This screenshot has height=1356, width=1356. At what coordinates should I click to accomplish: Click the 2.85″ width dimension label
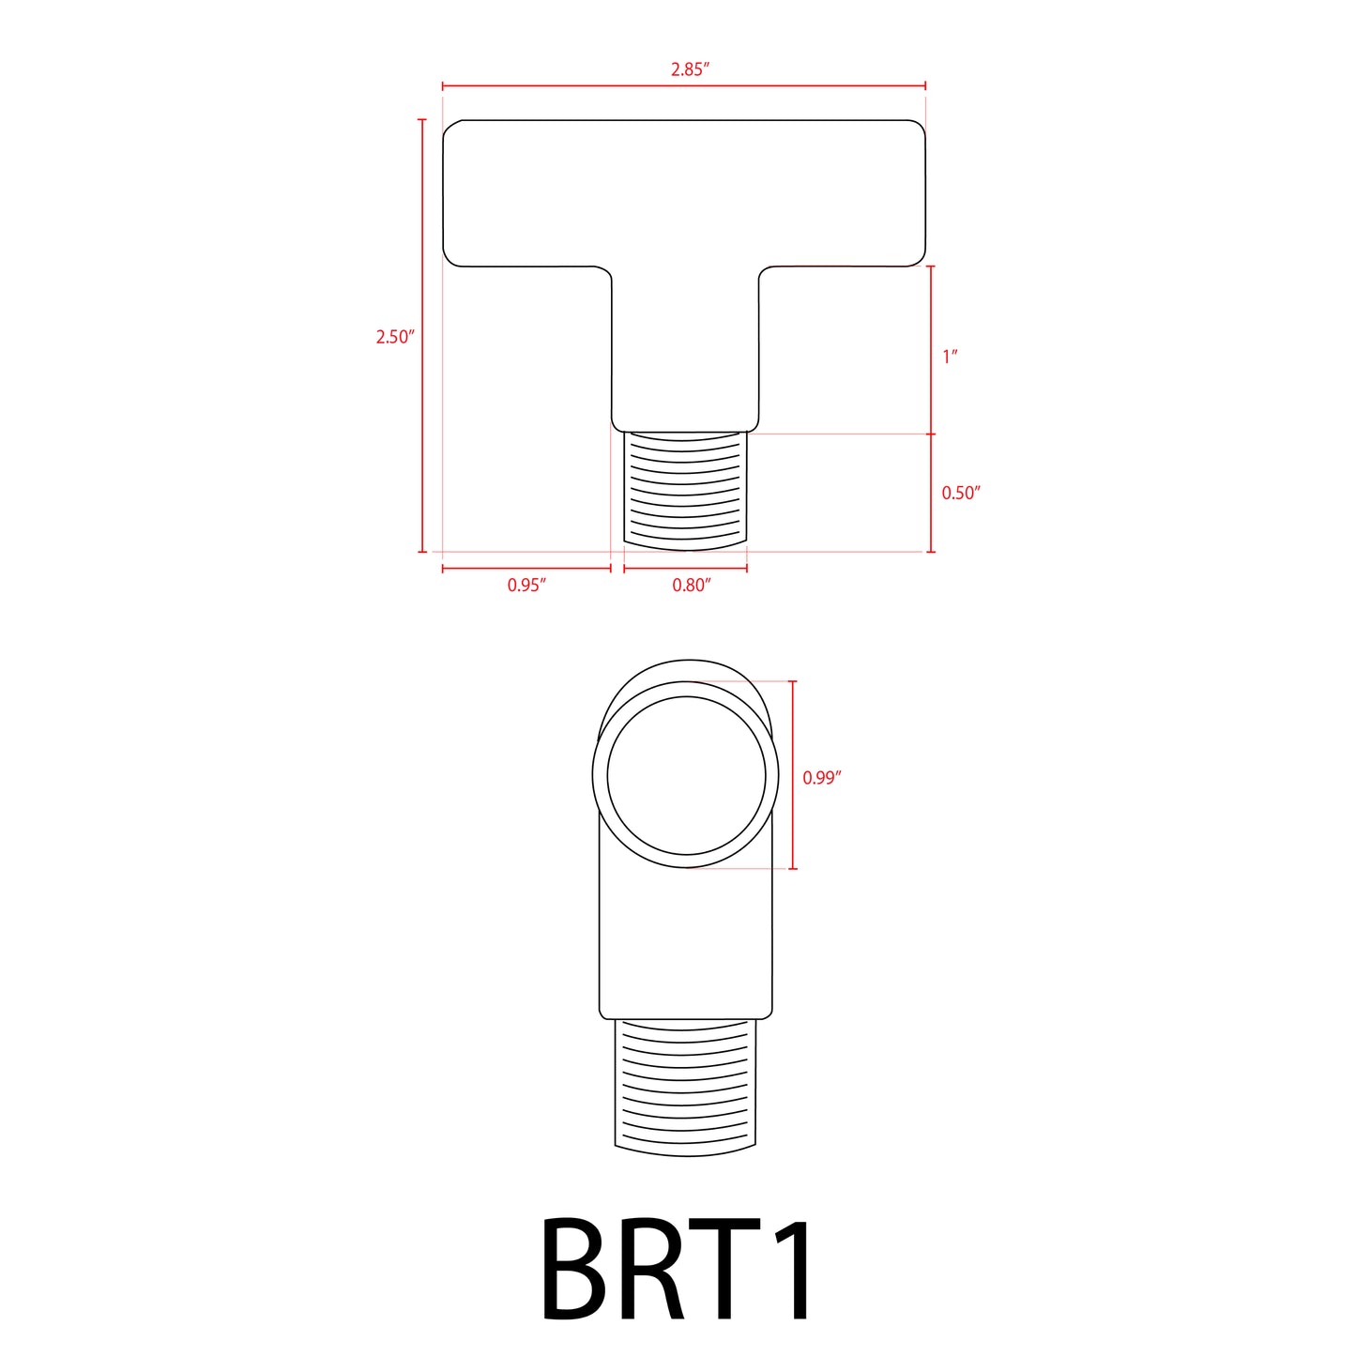(x=689, y=69)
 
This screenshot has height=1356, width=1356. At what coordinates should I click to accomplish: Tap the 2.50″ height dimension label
(x=394, y=337)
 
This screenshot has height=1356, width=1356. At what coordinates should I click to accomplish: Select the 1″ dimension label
(x=950, y=357)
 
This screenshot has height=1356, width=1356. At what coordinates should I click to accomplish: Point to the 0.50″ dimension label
(x=960, y=493)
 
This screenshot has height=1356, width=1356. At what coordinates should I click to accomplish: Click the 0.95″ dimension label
(x=526, y=586)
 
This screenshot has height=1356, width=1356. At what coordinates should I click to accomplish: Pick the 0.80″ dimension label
(x=691, y=586)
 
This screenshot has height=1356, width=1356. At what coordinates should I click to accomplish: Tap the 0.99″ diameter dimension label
(x=821, y=778)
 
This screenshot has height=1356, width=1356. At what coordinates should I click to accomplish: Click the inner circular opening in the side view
(x=687, y=775)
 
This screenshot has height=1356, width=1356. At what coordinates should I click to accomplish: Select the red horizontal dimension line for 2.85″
(x=582, y=85)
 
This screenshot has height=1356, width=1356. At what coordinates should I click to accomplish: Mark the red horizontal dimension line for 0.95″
(x=526, y=568)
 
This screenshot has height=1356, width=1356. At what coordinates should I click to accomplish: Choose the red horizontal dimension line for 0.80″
(x=685, y=568)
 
